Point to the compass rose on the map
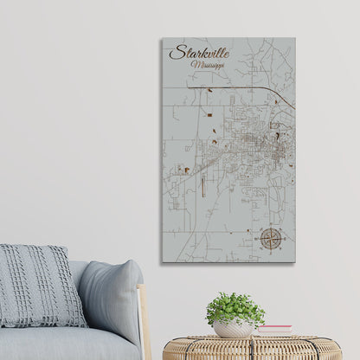pyautogui.click(x=270, y=235)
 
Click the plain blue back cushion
pyautogui.click(x=107, y=299)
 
